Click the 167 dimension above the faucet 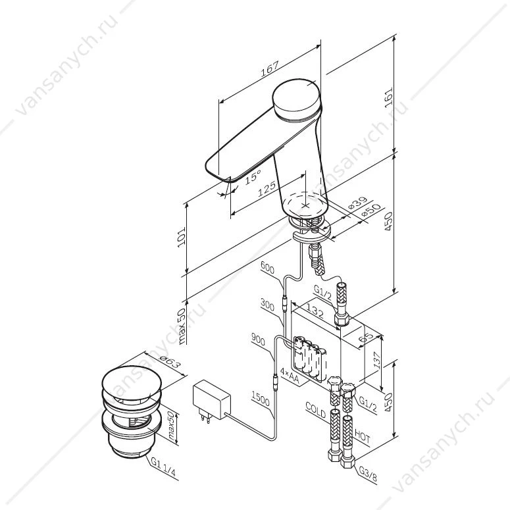[x=270, y=68]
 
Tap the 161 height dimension [x=388, y=96]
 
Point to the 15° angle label [x=253, y=177]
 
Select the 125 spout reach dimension [x=267, y=189]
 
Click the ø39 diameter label [x=357, y=203]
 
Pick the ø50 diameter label [x=370, y=210]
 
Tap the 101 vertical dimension [x=181, y=237]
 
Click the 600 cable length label [x=267, y=268]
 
